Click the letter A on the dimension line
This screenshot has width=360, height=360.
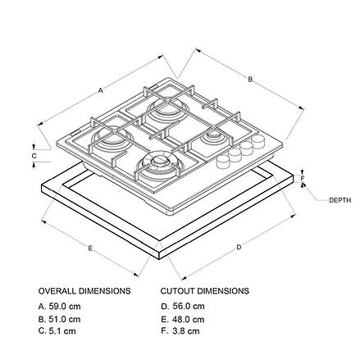101,90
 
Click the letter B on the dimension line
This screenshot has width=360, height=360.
250,80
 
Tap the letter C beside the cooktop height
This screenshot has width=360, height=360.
34,156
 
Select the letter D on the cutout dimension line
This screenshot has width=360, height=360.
239,248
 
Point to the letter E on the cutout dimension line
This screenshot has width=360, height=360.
90,248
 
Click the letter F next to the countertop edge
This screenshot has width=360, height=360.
303,179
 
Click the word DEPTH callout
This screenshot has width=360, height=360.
339,200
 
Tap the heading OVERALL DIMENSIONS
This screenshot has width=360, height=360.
84,291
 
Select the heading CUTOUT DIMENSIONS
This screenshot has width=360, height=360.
205,291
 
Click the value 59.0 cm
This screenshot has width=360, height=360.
65,307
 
